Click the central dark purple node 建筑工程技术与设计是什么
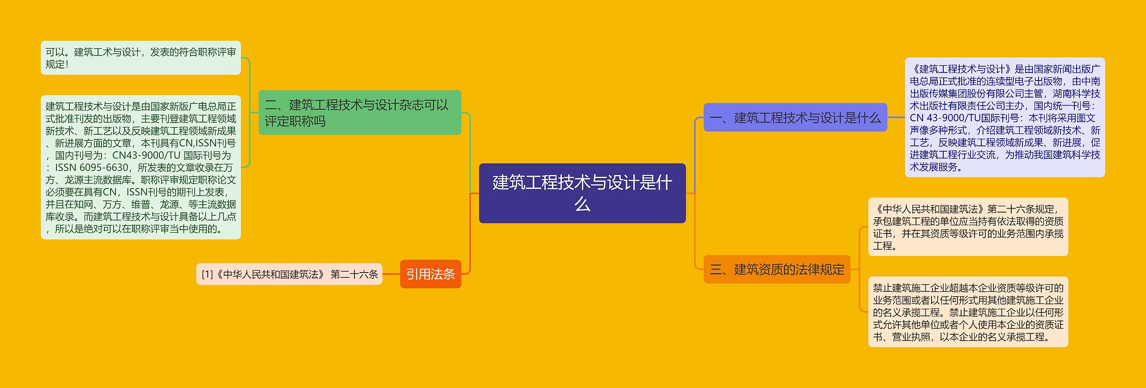[582, 193]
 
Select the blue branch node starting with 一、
[795, 118]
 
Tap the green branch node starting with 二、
[359, 112]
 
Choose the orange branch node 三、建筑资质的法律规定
[777, 269]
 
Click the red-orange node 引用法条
[430, 274]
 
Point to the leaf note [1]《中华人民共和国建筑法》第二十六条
[289, 274]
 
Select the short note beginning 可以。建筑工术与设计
[141, 58]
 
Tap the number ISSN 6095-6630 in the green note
[92, 167]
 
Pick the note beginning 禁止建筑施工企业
[968, 312]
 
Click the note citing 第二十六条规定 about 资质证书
[968, 227]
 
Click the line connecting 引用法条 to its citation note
[391, 274]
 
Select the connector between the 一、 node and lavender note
[896, 117]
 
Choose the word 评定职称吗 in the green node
[295, 121]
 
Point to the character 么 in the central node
[582, 204]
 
